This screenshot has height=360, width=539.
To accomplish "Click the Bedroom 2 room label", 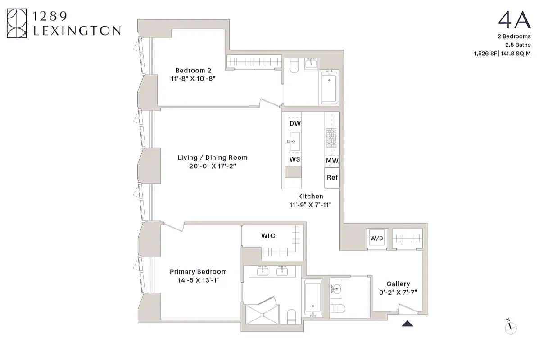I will click(x=193, y=70).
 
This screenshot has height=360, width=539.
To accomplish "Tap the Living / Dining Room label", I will click(x=212, y=157).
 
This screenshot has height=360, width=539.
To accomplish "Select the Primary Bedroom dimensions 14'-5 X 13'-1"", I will click(x=198, y=280).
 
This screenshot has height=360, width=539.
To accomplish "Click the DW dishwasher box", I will click(x=295, y=123).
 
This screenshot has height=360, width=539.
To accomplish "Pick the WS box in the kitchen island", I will click(x=295, y=159).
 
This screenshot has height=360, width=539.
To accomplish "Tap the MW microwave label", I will click(x=332, y=161).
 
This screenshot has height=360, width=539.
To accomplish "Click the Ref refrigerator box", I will click(x=332, y=177).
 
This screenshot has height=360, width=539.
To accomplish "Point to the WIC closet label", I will click(x=268, y=236).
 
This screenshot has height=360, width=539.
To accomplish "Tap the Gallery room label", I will click(x=398, y=284).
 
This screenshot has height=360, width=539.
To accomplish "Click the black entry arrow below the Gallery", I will click(x=407, y=323).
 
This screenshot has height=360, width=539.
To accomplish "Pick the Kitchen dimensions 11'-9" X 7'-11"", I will click(x=310, y=205).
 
